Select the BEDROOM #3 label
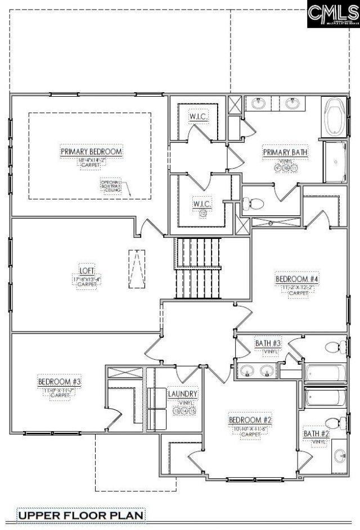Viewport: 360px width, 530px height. (60, 382)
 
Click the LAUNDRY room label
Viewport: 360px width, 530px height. (182, 394)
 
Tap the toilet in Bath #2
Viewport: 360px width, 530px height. (334, 422)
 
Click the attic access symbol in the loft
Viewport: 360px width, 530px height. (136, 269)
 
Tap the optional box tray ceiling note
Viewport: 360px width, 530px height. (109, 187)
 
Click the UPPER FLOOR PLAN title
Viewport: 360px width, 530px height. (81, 514)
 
